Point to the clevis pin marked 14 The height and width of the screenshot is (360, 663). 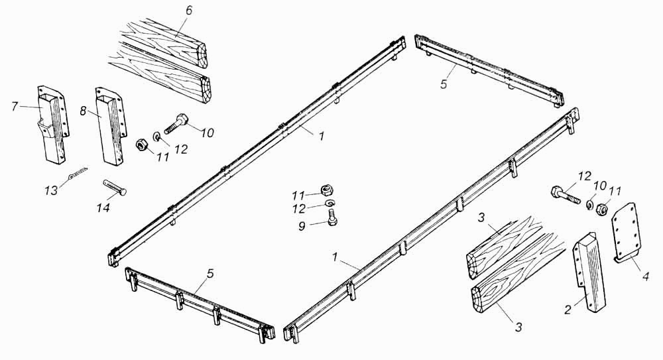115,188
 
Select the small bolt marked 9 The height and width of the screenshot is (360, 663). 332,217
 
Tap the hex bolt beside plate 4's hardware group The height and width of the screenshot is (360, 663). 564,195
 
